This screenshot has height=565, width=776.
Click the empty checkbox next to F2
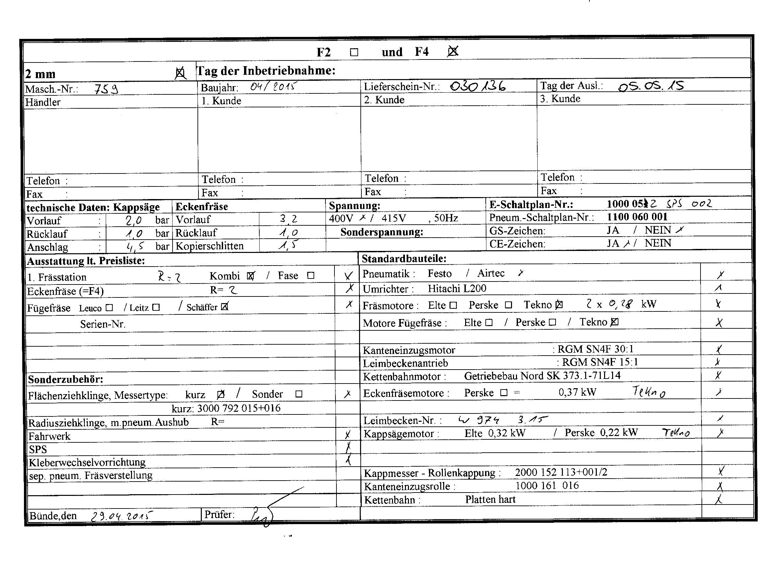click(354, 52)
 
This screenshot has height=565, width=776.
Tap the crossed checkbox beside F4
click(453, 52)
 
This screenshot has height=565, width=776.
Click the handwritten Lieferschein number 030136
click(478, 86)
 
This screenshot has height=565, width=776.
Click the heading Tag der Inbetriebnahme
click(266, 71)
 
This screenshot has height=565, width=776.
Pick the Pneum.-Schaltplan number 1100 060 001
click(637, 217)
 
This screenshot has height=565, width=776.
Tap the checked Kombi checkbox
click(250, 276)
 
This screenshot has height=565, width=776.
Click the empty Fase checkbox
click(311, 275)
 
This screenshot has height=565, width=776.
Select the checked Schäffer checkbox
click(224, 307)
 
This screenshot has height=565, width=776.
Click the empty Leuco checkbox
click(109, 308)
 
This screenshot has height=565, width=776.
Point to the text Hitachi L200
click(457, 289)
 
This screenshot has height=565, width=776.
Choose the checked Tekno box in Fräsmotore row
click(559, 304)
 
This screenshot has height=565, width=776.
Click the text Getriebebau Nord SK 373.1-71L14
click(542, 376)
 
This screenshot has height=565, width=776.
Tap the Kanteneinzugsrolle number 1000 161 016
click(547, 486)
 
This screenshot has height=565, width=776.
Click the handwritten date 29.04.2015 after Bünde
click(121, 516)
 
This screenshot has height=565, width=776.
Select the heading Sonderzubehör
click(65, 379)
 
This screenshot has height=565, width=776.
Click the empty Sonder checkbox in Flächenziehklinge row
click(299, 394)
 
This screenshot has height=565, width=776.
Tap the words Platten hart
click(490, 499)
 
